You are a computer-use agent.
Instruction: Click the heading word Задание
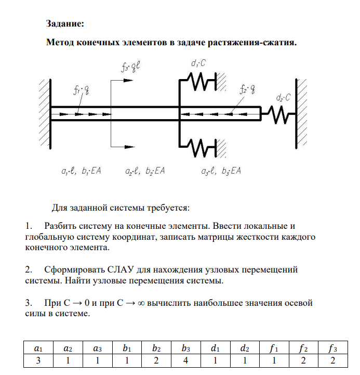pos(64,23)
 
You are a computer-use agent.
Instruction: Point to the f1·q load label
pos(81,92)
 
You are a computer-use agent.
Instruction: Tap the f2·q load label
pos(246,89)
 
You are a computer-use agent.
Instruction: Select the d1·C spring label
pos(198,64)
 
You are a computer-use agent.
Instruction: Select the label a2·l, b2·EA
pos(145,171)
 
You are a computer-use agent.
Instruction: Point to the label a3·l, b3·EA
pos(221,171)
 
